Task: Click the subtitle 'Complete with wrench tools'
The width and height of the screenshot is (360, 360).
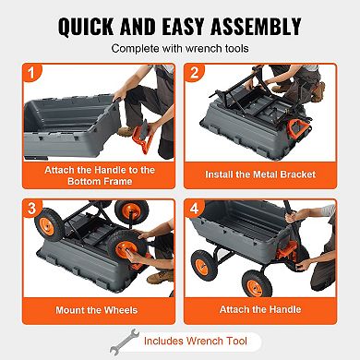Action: (x=180, y=47)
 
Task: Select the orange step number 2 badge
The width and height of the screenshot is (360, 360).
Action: (x=195, y=73)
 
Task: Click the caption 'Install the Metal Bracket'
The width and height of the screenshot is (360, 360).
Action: (x=262, y=173)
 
